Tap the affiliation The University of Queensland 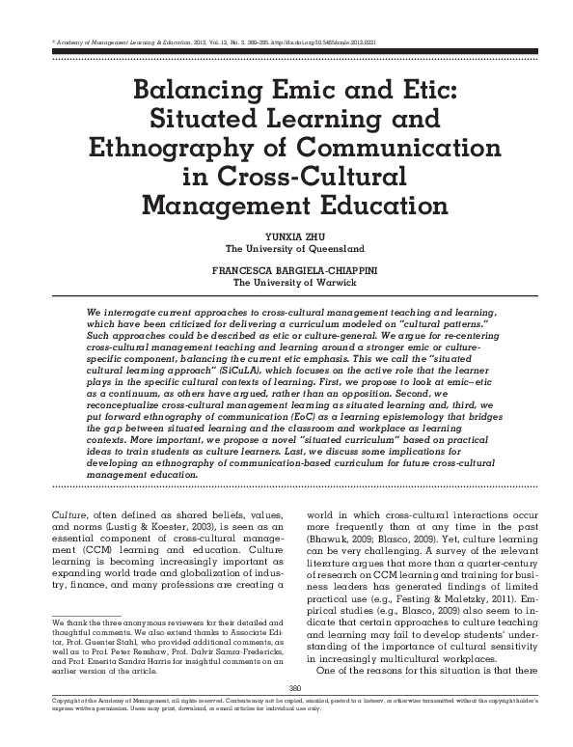[x=286, y=246]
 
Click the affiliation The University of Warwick [x=286, y=282]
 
